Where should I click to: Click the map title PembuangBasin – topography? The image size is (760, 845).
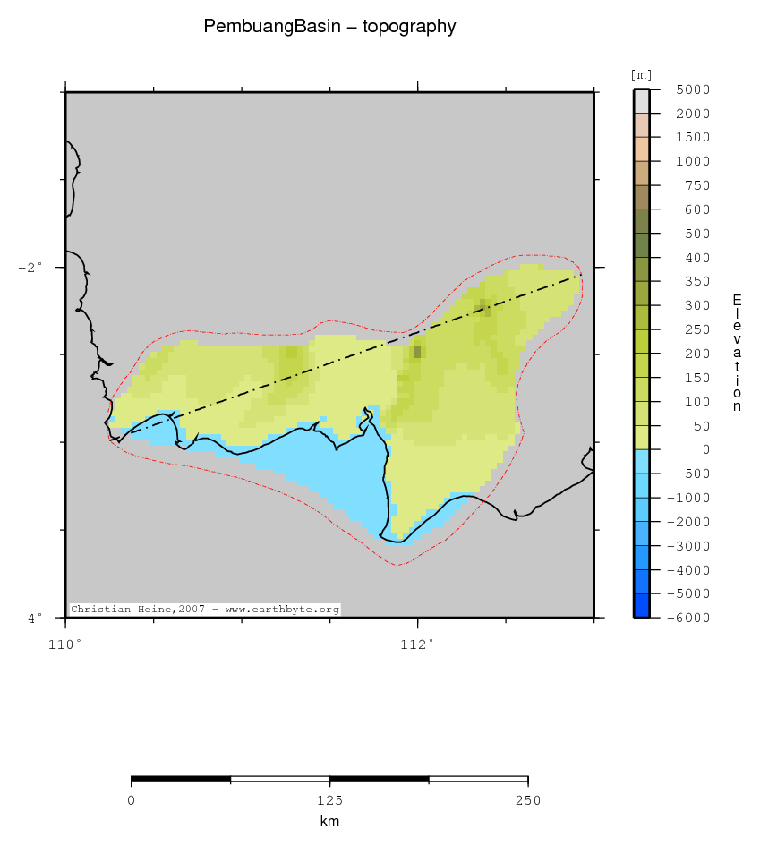click(329, 27)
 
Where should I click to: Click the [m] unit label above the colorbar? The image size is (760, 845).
click(642, 74)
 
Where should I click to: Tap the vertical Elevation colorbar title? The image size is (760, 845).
click(737, 353)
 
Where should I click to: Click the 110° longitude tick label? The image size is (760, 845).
click(65, 643)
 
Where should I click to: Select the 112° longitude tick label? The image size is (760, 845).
click(418, 643)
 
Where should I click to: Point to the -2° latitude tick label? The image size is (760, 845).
click(30, 267)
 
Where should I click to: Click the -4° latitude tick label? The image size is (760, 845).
click(30, 618)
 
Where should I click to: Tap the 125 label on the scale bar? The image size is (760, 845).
click(329, 800)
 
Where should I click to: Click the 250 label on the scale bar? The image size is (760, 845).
click(527, 800)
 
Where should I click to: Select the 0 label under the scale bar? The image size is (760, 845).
click(132, 800)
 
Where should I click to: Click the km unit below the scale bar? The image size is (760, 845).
click(329, 821)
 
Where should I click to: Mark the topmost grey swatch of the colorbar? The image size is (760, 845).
click(641, 101)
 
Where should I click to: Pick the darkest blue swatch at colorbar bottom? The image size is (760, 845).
click(641, 606)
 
